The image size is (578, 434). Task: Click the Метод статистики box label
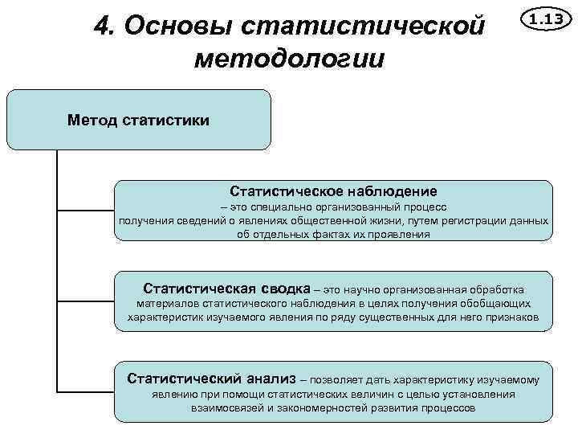[138, 121]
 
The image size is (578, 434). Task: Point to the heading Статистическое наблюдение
[333, 191]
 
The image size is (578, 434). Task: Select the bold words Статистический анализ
[211, 379]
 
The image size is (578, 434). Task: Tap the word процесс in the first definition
[433, 207]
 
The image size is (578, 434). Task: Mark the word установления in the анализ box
[480, 394]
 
